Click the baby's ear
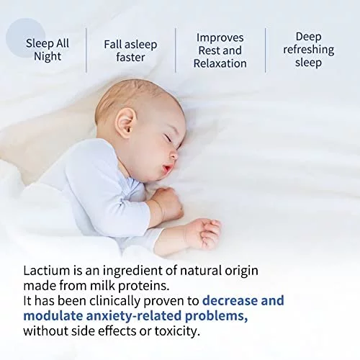[127, 124]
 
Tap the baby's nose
[174, 155]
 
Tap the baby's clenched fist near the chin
[168, 203]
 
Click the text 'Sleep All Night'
[48, 50]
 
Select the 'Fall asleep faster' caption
[130, 51]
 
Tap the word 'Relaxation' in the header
[220, 63]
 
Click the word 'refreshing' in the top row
[309, 50]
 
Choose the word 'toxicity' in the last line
[177, 331]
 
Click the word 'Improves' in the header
[220, 38]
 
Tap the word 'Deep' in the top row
[308, 37]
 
